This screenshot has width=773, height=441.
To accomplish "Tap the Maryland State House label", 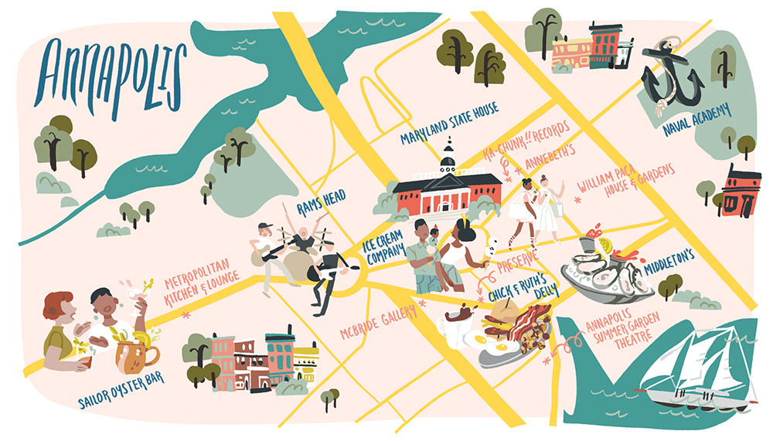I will [x=449, y=123].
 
